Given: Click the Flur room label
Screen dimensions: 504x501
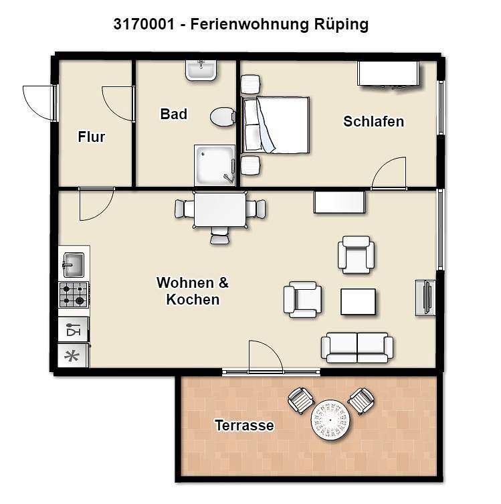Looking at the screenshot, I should (92, 137).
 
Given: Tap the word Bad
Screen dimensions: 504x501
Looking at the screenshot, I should (173, 114).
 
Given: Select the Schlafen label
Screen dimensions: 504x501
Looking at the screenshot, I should (373, 122).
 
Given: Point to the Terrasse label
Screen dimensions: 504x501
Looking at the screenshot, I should (244, 425).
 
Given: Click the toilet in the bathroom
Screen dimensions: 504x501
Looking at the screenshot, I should (221, 118).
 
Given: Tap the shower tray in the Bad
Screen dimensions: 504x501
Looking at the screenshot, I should (215, 165).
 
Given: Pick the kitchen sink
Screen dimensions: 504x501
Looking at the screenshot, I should (74, 264).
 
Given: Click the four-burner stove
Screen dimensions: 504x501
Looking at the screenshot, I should (74, 295).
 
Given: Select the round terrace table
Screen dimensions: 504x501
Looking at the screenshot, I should (331, 420).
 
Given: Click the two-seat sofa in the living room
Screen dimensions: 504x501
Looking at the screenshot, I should (357, 347).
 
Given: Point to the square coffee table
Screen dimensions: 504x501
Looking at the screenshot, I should (358, 301).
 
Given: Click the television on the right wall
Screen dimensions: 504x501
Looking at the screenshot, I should (425, 297).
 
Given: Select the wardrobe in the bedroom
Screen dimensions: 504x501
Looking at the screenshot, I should (389, 74).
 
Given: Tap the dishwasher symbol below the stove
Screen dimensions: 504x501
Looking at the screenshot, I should (73, 330).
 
